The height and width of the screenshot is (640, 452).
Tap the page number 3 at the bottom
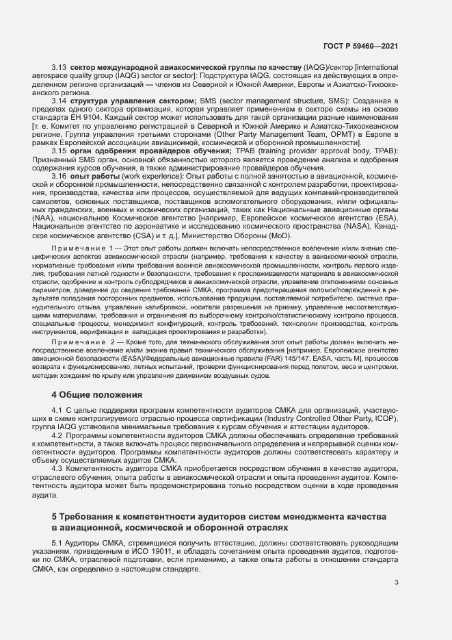(x=397, y=583)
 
